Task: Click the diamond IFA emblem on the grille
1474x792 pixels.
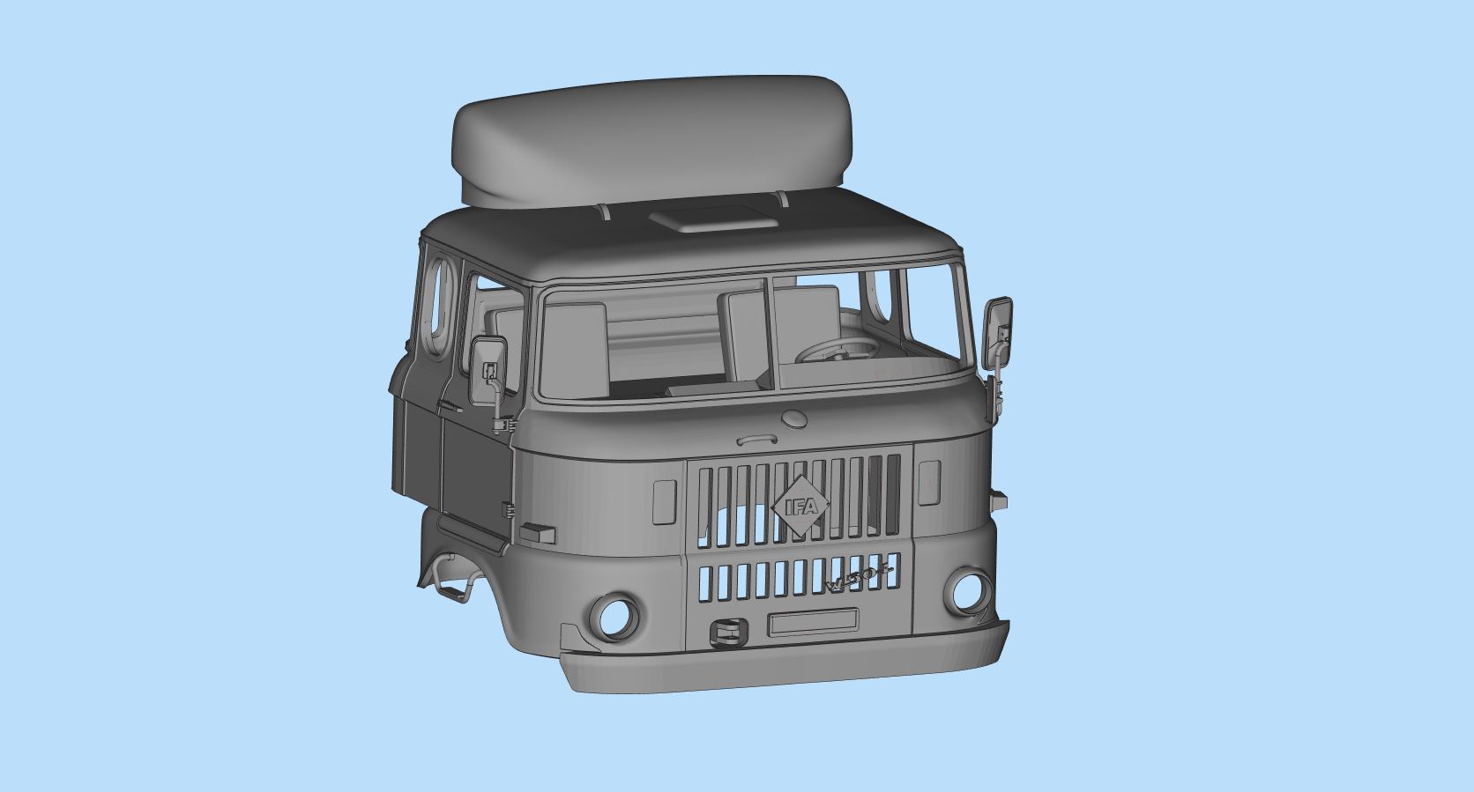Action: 800,507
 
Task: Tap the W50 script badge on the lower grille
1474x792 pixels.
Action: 860,578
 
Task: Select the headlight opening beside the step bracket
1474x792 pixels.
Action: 614,615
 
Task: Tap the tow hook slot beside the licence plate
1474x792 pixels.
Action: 729,630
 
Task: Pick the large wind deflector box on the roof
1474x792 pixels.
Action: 652,141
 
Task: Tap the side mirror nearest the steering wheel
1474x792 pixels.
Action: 998,333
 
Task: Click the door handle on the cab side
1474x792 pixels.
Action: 450,408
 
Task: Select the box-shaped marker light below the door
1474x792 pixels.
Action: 537,532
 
